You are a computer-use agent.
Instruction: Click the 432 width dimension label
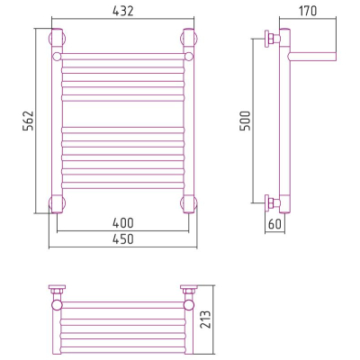tap(123, 11)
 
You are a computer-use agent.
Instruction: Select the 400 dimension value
tap(123, 223)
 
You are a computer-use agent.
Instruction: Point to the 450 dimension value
tap(123, 239)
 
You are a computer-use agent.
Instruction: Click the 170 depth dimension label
tap(308, 11)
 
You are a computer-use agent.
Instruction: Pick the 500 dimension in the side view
tap(245, 121)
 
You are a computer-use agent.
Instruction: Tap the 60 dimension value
tap(275, 224)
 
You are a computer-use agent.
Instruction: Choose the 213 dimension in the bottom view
tap(206, 319)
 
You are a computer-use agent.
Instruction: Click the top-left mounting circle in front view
tap(57, 38)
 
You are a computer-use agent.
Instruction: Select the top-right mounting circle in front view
tap(189, 38)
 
